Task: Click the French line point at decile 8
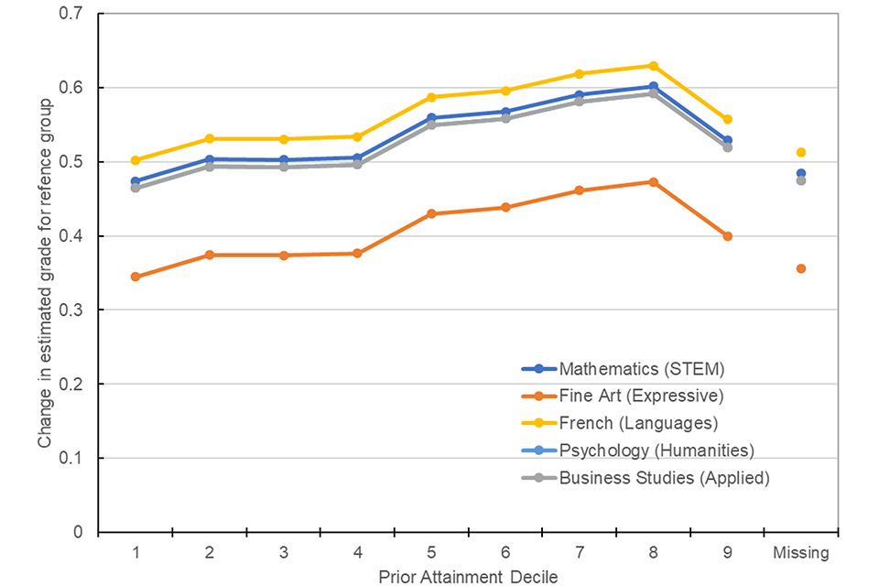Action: [x=653, y=66]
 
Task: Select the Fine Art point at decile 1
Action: [x=136, y=277]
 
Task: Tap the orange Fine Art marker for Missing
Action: [x=801, y=268]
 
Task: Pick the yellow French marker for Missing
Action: [x=801, y=152]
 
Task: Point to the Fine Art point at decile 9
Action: [x=727, y=236]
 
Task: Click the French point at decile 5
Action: [x=431, y=97]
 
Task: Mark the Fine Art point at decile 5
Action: [x=431, y=213]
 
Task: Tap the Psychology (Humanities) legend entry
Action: [x=656, y=450]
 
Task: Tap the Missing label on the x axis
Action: [x=801, y=553]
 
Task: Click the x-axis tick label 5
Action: [x=431, y=553]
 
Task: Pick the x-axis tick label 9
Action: [x=727, y=553]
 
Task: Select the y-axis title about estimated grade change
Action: [x=44, y=272]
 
